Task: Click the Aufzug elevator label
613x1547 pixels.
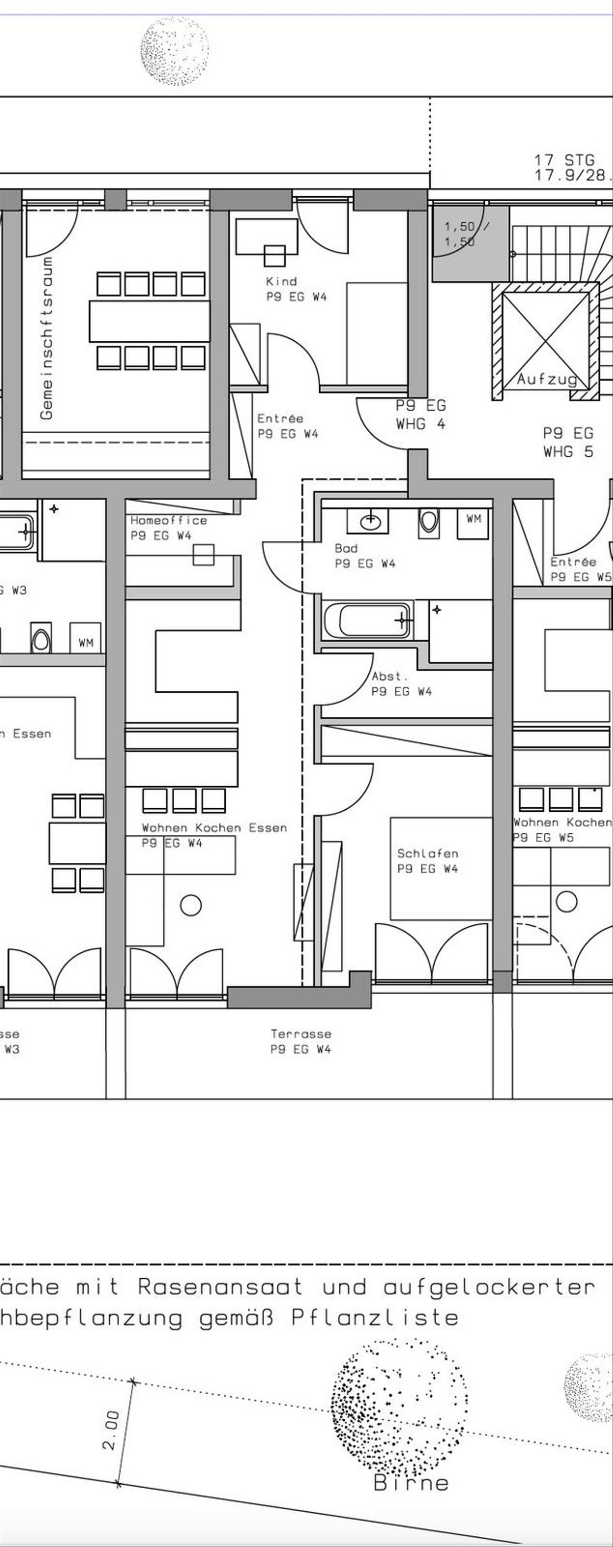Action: pos(547,379)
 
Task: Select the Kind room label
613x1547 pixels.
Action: pos(281,281)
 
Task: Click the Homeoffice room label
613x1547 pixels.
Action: pos(169,521)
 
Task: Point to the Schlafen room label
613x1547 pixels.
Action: pos(428,853)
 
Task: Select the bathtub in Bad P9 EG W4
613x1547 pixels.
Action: pos(367,621)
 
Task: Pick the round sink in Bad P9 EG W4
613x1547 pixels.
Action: pos(370,521)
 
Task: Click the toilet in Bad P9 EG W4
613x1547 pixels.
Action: pos(428,521)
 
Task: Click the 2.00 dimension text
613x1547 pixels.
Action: pos(110,1430)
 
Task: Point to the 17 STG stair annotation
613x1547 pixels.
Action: pos(564,160)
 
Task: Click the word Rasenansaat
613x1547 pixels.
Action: pos(221,1286)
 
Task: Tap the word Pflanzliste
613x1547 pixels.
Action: pos(375,1318)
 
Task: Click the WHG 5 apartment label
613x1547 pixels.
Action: pos(568,452)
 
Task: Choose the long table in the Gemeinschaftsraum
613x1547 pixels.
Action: pos(150,321)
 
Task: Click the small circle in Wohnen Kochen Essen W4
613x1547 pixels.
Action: pos(191,905)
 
